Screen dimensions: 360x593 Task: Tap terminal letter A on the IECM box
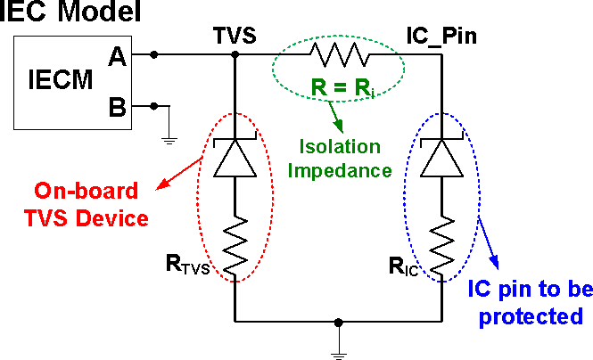pos(117,57)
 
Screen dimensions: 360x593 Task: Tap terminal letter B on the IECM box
pos(117,108)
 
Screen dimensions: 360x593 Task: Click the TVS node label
pos(235,37)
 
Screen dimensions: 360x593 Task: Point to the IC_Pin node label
pos(440,37)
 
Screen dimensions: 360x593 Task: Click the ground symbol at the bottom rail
pos(339,353)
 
